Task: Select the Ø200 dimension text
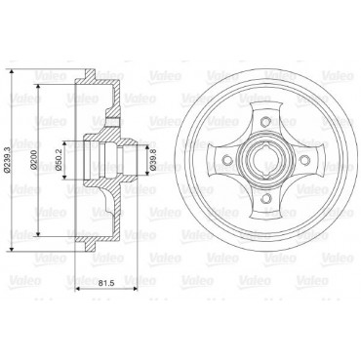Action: click(34, 160)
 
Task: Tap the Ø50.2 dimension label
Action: click(59, 160)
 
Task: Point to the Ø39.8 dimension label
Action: click(153, 160)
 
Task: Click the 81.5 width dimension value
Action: click(106, 283)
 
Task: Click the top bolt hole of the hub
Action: click(266, 122)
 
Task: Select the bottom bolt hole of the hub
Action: click(266, 198)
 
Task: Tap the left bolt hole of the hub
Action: click(227, 160)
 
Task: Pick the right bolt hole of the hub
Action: click(304, 160)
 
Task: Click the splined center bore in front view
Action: click(266, 160)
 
